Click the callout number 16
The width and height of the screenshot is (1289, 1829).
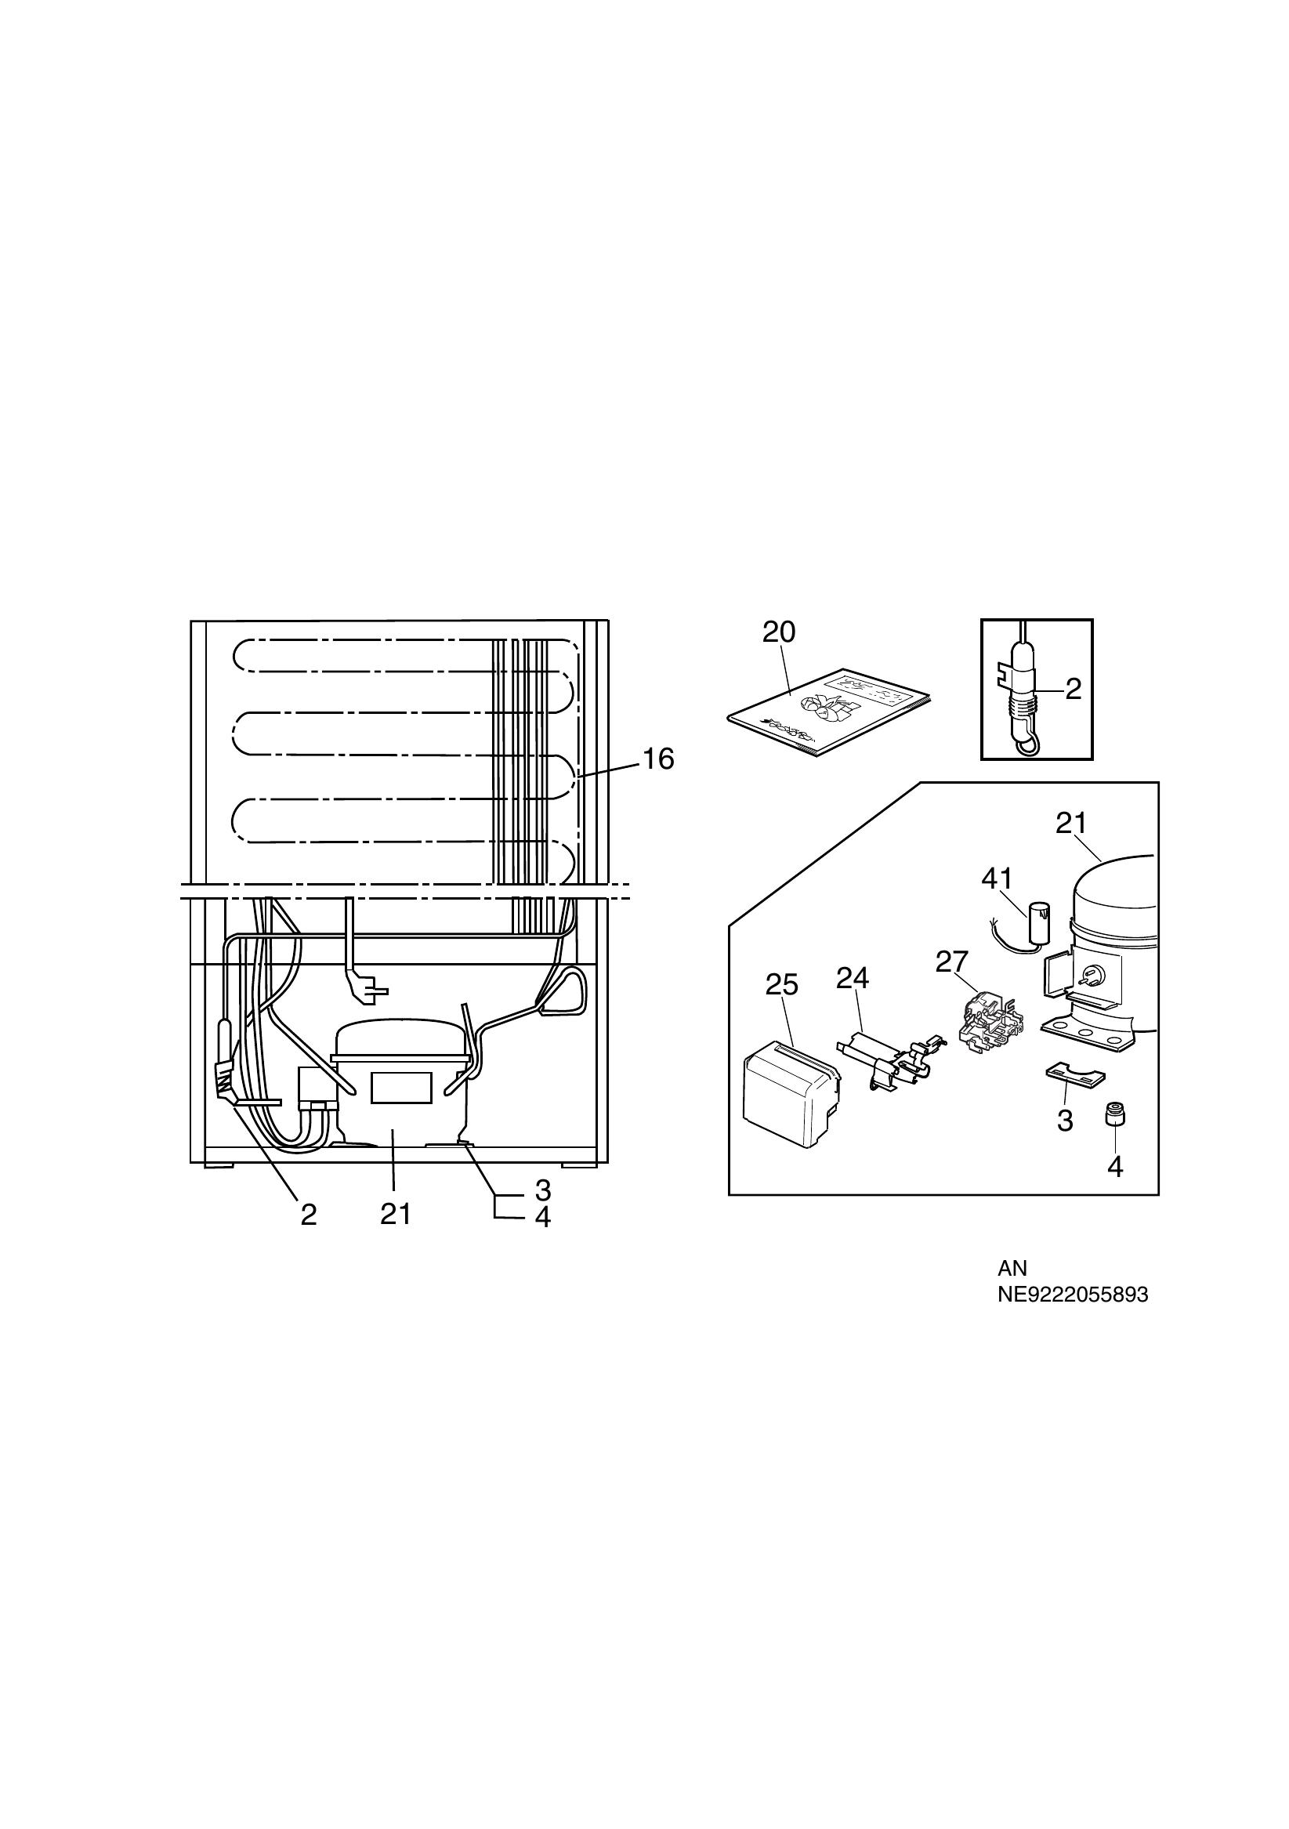point(658,759)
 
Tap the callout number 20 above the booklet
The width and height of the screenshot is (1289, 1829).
point(778,632)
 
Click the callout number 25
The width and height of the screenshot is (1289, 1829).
point(780,984)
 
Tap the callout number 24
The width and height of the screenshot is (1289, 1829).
point(852,977)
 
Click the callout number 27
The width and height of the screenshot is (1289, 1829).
point(951,962)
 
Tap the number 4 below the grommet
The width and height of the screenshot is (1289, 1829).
point(1115,1167)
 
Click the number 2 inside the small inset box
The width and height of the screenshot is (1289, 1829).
point(1073,689)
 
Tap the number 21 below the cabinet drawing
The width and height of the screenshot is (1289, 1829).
point(395,1214)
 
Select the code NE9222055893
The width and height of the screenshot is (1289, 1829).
point(1073,1295)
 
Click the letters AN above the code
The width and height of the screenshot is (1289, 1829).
point(1012,1267)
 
